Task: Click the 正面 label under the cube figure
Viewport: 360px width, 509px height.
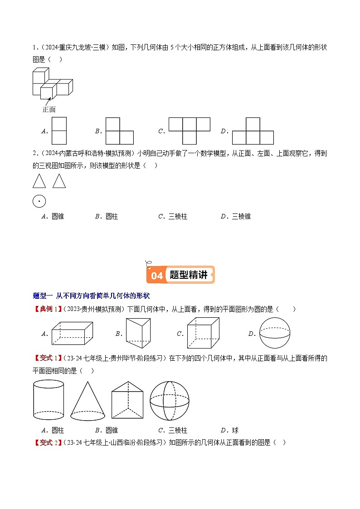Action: (x=49, y=109)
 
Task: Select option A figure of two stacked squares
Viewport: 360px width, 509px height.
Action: (x=59, y=131)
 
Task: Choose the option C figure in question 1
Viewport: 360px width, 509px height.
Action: (x=189, y=131)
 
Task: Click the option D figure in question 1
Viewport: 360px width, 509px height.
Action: (x=253, y=131)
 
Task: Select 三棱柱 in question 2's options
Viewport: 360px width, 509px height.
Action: (x=178, y=217)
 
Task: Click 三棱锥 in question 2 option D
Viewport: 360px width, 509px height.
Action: (x=241, y=217)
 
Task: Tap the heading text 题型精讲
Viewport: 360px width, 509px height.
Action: (x=188, y=275)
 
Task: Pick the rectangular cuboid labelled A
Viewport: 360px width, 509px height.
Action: (x=73, y=333)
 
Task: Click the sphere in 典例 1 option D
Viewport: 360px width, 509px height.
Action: (x=274, y=333)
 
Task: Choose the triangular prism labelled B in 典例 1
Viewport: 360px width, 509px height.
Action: (x=136, y=333)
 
